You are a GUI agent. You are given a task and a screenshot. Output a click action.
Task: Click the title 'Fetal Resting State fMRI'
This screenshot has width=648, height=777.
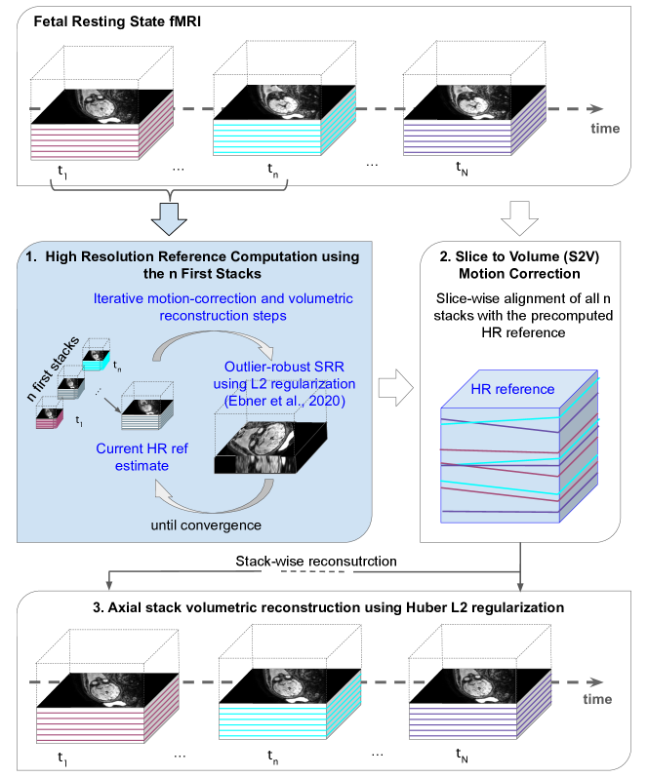pos(117,21)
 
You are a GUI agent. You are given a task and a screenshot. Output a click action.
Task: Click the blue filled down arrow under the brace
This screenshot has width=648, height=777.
pos(169,218)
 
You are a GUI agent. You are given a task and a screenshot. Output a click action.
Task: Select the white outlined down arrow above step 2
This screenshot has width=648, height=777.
pos(519,218)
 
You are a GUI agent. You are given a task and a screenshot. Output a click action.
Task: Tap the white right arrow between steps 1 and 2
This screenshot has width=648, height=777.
pos(395,387)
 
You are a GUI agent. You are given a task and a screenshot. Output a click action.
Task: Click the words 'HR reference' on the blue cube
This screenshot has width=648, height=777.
pos(512,389)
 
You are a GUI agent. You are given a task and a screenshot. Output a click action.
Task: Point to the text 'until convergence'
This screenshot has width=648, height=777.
pos(206,525)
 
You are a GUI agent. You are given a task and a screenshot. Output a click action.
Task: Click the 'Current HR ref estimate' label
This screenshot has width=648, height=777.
pos(142,457)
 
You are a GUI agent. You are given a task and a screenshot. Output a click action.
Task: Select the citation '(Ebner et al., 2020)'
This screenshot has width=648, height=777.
pos(284,401)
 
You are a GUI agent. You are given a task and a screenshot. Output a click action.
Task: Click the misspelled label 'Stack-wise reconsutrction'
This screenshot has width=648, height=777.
pos(316,561)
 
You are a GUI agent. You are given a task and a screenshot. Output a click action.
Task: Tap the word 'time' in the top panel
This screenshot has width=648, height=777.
pos(605,129)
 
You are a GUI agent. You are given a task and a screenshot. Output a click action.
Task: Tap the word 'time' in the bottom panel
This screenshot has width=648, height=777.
pos(597,699)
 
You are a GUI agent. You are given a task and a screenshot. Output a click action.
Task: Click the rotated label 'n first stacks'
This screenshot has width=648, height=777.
pos(53,369)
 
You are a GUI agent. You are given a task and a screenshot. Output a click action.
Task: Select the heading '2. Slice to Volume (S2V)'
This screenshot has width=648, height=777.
pos(519,256)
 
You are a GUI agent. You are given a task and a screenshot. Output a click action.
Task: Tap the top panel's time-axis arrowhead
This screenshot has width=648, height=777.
pos(595,109)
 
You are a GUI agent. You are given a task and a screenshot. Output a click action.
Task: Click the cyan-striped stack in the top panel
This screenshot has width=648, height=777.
pos(284,121)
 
